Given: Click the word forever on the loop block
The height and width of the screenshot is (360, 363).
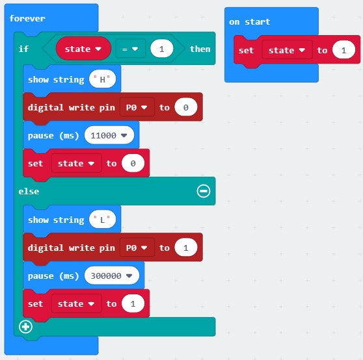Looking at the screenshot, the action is click(27, 18).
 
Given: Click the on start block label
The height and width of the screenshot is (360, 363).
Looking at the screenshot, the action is click(249, 22).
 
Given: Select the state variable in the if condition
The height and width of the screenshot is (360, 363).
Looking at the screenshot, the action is click(83, 49).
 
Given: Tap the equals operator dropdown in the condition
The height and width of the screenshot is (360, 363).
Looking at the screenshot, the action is click(130, 49).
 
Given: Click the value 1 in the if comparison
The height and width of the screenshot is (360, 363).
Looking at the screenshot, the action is click(161, 49).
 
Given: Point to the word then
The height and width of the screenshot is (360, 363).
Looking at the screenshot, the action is click(200, 49).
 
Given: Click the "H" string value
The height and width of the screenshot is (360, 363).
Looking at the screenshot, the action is click(102, 79).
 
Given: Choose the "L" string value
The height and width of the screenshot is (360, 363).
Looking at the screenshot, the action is click(102, 220).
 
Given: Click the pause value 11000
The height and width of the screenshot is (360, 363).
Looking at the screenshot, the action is click(109, 135).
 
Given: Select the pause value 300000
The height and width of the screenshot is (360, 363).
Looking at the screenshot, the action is click(112, 276).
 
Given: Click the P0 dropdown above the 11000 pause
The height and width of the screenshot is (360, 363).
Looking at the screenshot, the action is click(137, 107).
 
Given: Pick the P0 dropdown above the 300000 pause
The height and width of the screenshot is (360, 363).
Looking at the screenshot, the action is click(137, 248).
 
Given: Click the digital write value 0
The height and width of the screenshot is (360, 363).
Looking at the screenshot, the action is click(186, 107).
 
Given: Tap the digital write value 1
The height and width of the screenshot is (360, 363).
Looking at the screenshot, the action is click(186, 248).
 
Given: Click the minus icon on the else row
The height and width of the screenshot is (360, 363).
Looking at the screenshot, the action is click(204, 191).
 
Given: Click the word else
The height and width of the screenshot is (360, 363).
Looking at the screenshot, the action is click(29, 192).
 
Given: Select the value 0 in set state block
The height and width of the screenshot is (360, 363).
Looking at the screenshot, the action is click(133, 164).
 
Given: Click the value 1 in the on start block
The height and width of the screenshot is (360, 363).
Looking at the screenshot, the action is click(343, 50).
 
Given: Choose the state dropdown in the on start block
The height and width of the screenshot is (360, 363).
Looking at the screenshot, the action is click(287, 50).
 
